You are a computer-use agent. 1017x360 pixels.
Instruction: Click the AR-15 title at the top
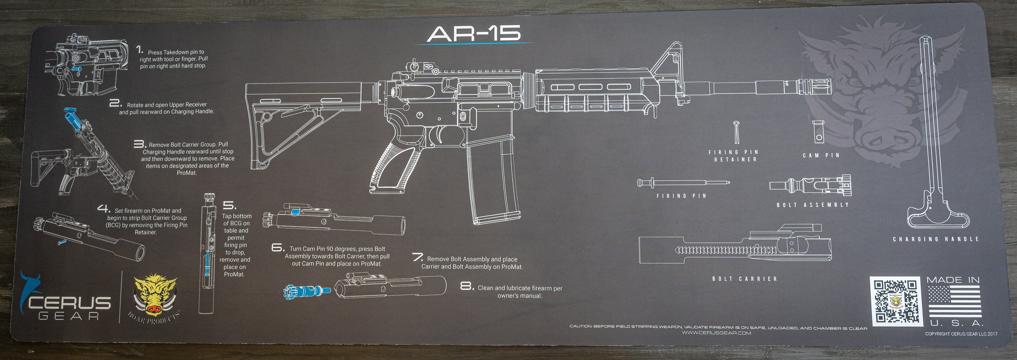pos(474,34)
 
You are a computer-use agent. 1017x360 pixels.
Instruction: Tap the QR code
pos(896,301)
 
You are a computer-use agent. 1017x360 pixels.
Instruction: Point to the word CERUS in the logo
pos(69,303)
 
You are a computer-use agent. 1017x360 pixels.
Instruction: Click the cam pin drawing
pos(818,131)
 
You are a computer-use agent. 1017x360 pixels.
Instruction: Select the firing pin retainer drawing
pos(737,133)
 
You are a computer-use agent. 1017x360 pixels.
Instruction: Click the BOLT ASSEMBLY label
pos(813,205)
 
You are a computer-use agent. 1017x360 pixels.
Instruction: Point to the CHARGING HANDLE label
pos(936,239)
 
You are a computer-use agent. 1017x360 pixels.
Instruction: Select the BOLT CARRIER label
pos(745,279)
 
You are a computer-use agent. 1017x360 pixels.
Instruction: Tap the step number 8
pos(467,286)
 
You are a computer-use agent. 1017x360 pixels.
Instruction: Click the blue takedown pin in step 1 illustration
pos(76,69)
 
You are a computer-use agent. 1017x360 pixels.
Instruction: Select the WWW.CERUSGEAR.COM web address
pos(716,333)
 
